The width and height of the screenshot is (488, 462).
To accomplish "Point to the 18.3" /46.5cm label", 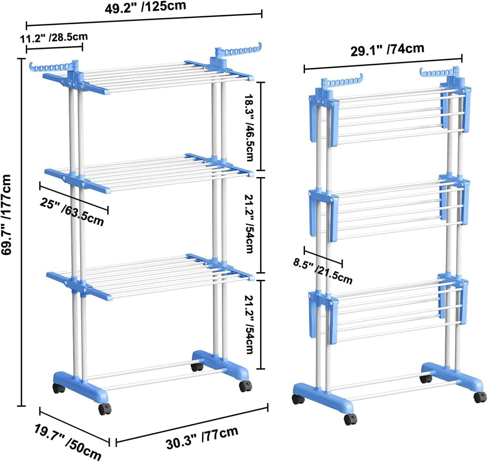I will [247, 126].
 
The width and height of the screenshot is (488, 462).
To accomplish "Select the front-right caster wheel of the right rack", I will [479, 397].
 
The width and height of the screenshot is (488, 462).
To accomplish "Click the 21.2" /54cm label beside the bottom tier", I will [247, 324].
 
